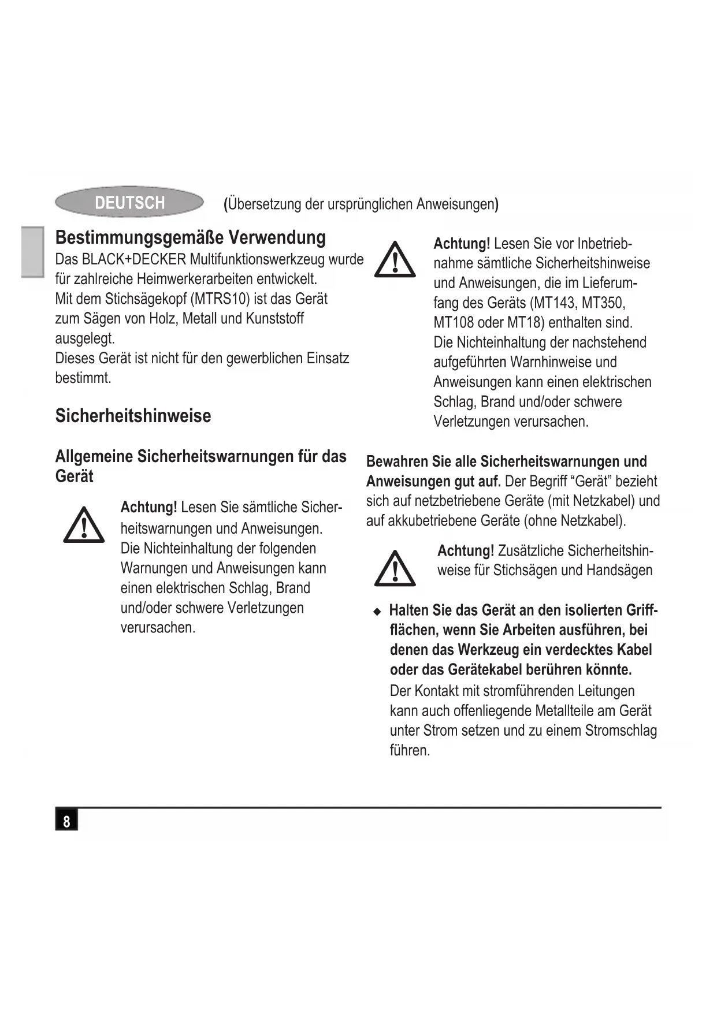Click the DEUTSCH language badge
click(129, 202)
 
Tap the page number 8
click(66, 821)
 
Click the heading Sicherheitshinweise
click(133, 416)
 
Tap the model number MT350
click(603, 303)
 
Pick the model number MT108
click(453, 323)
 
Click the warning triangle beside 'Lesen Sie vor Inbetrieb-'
click(395, 260)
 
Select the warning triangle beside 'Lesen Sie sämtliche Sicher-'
click(84, 526)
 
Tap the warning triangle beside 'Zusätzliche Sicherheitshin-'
click(395, 569)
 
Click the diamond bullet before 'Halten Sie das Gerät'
click(377, 611)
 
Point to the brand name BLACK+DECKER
click(134, 259)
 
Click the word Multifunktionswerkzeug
click(257, 259)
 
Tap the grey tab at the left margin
click(32, 252)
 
